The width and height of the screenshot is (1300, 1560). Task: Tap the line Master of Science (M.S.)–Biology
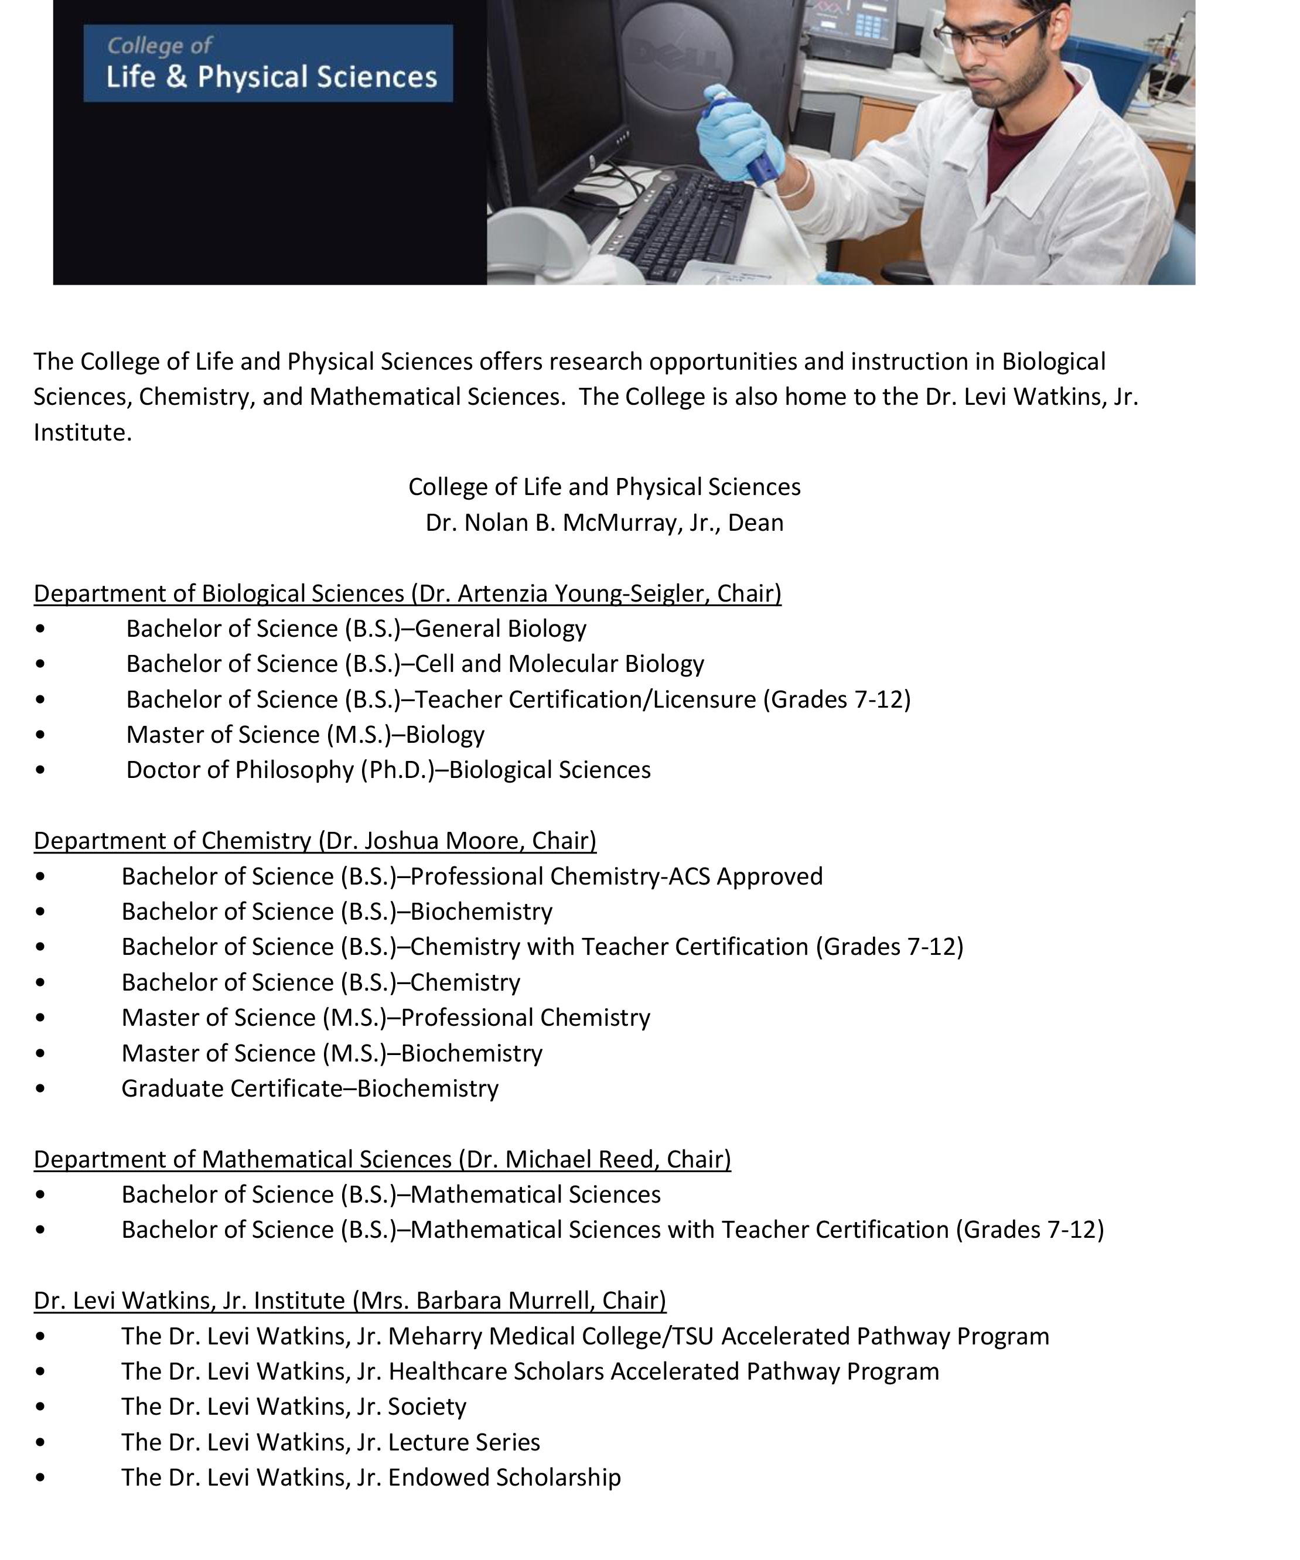(305, 735)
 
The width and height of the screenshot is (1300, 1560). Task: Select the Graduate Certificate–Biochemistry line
(310, 1088)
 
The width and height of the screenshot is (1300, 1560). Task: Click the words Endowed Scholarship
(504, 1477)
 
